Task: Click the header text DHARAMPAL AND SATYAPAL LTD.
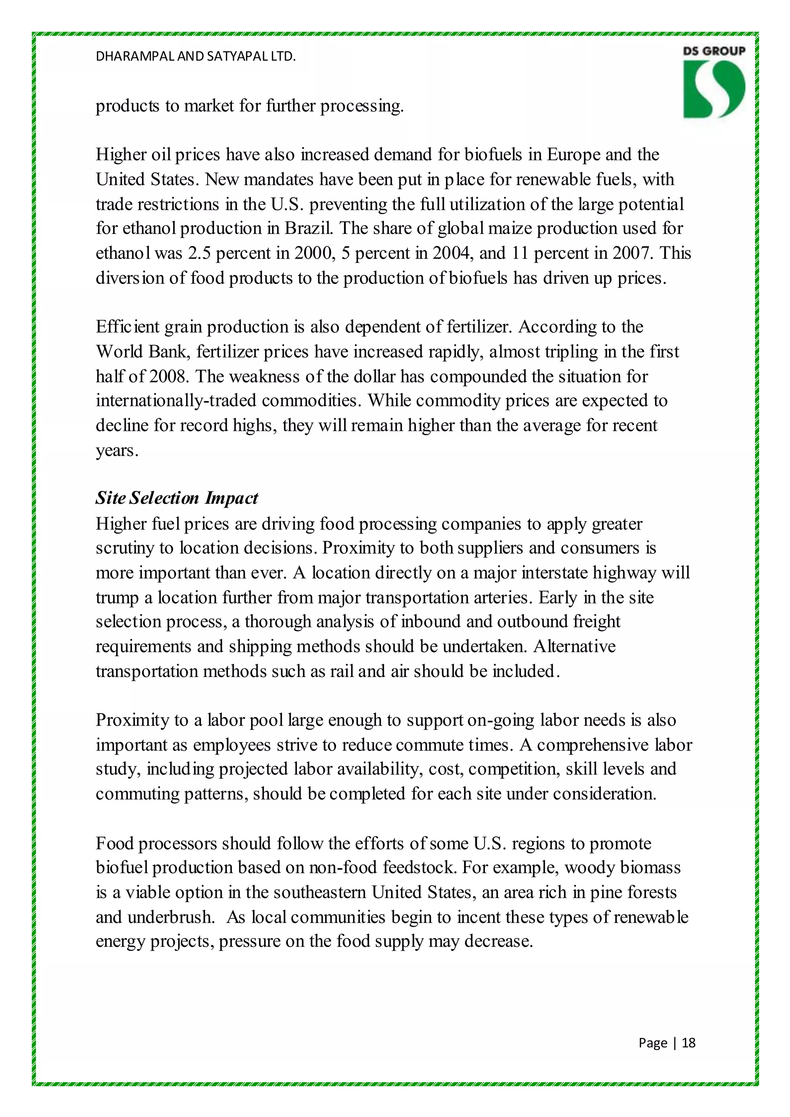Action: tap(196, 56)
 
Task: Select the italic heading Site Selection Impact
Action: tap(177, 498)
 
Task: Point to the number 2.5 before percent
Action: tap(199, 253)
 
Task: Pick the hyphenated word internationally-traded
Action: tap(176, 400)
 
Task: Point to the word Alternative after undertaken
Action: tap(574, 646)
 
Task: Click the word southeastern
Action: tap(320, 892)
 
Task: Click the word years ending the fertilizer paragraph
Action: tap(117, 451)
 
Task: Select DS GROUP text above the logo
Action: tap(714, 51)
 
